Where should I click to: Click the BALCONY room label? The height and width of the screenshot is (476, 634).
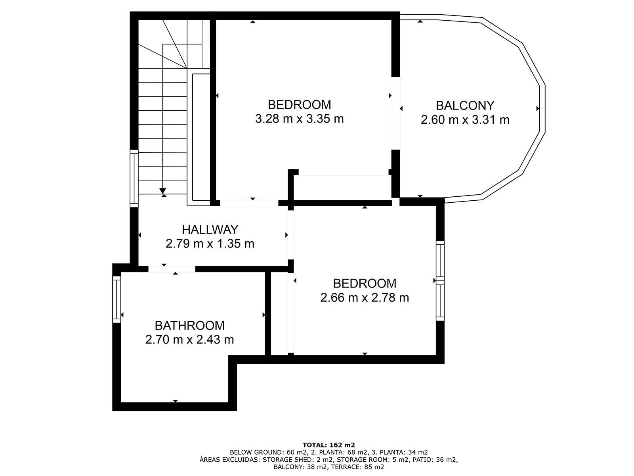[x=465, y=106]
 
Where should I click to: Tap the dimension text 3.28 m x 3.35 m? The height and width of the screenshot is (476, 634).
[x=299, y=119]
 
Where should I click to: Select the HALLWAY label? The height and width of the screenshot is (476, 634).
[x=210, y=230]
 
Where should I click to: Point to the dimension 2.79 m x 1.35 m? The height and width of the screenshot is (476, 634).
[x=210, y=244]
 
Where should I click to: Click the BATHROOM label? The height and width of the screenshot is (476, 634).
[x=189, y=326]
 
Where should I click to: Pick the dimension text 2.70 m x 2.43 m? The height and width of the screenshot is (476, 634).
[x=189, y=340]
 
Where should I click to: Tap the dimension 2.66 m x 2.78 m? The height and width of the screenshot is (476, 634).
[x=365, y=297]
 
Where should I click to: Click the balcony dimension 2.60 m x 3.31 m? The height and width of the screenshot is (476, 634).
[x=465, y=120]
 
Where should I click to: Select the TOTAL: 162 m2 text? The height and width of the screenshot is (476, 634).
[x=328, y=445]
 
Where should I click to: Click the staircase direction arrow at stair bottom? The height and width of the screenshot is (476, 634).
[x=163, y=191]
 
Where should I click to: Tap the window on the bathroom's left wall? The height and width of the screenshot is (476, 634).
[x=116, y=299]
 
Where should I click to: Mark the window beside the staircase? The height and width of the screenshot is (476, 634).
[x=134, y=178]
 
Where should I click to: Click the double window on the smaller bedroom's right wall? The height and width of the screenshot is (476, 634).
[x=440, y=280]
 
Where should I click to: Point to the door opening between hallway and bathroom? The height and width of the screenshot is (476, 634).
[x=172, y=269]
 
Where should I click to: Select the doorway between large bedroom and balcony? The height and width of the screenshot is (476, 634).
[x=395, y=113]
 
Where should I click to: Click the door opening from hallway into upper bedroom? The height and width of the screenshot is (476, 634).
[x=249, y=203]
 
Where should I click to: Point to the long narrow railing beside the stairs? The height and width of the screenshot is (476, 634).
[x=198, y=137]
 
